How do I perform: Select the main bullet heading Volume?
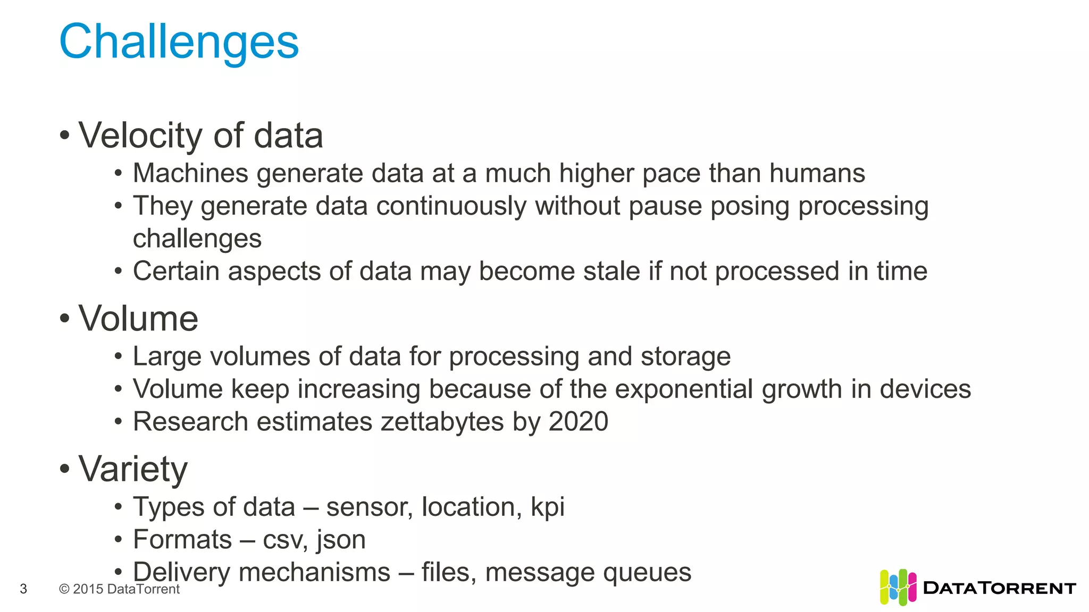point(138,319)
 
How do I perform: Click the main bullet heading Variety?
point(133,469)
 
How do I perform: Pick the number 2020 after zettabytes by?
point(578,422)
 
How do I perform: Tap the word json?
point(341,540)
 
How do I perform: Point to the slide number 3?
point(23,589)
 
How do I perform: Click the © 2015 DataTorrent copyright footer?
point(119,589)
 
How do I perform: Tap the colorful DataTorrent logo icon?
point(898,587)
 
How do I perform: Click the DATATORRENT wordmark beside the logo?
point(1000,588)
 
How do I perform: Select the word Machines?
point(190,173)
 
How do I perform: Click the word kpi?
point(547,507)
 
